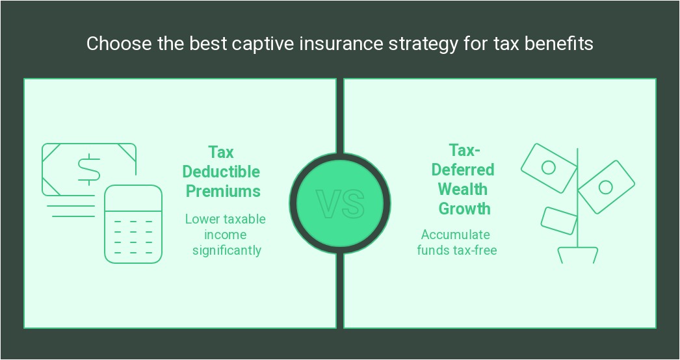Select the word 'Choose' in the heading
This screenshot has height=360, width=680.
point(111,44)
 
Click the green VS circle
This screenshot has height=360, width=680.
point(340,203)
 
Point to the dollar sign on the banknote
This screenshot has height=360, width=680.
point(89,169)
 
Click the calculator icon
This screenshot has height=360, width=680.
point(133,224)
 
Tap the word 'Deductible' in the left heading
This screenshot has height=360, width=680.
point(221,172)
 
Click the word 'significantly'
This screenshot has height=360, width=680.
point(227,250)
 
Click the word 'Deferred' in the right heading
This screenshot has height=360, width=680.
point(463,169)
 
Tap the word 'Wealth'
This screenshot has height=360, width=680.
point(463,189)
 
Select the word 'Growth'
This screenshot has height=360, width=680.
point(464,209)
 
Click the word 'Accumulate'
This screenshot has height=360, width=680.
point(456,235)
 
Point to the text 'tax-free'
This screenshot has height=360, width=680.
point(475,250)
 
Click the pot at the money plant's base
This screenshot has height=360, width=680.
point(578,255)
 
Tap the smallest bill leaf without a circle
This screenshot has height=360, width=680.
point(559,220)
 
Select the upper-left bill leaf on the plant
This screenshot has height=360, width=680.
point(548,168)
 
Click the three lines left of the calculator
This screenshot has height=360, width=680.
point(70,205)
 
